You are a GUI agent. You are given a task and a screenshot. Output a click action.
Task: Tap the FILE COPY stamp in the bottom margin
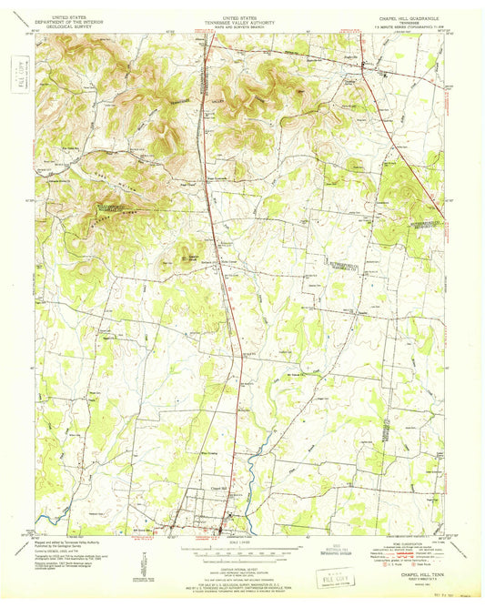pyautogui.click(x=328, y=580)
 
